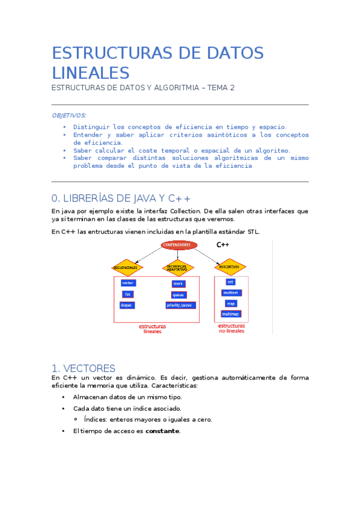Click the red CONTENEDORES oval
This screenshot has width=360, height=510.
coord(178,245)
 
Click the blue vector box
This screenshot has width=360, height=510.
coord(127,283)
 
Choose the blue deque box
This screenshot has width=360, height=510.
coord(127,305)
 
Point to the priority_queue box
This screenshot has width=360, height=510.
coord(178,305)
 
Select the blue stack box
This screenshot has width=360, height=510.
coord(178,283)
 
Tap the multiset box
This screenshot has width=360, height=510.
coord(230,293)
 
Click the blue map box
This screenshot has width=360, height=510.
coord(230,304)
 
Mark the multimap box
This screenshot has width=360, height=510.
coord(230,315)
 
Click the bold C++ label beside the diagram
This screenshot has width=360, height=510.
coord(222,245)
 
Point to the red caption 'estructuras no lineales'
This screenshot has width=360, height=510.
coord(231,328)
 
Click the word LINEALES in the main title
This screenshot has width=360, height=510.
coord(91,73)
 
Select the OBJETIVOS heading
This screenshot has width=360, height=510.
coord(69,115)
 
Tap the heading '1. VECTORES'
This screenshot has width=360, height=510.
coord(84,368)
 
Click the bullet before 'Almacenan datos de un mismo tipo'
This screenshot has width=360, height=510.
coord(64,397)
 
